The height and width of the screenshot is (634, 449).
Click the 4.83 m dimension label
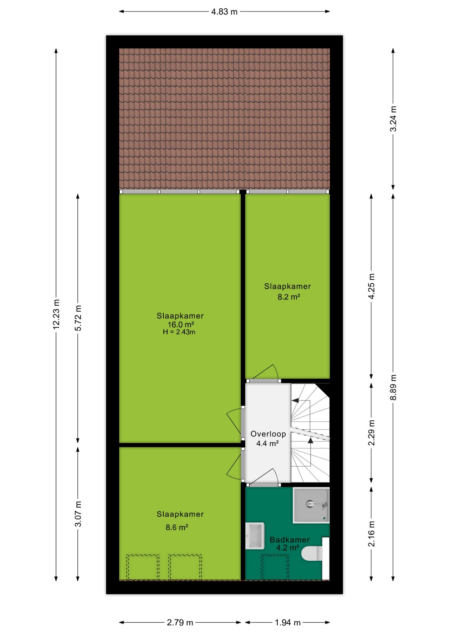point(224,12)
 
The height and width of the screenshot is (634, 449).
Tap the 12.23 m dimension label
point(56,314)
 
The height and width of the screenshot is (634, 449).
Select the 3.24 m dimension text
point(393,119)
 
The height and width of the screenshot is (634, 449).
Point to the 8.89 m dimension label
point(393,387)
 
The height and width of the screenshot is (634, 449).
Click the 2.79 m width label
point(180,622)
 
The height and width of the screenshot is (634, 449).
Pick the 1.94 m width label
point(288,622)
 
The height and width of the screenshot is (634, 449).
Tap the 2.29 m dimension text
point(371,433)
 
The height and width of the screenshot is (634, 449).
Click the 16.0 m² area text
point(181,325)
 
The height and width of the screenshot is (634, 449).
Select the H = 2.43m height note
point(179,332)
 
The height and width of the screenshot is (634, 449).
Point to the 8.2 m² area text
point(288,297)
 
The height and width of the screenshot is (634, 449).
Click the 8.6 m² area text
point(177,527)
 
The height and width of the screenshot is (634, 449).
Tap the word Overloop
point(268,434)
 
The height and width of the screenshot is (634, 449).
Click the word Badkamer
point(290,540)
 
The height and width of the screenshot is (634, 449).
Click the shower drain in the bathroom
point(309,504)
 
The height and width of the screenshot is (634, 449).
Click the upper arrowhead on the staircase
point(295,401)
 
